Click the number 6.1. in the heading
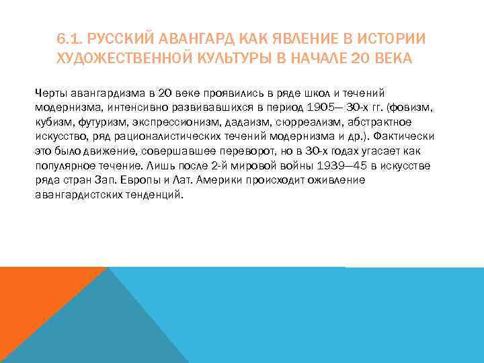pyautogui.click(x=70, y=40)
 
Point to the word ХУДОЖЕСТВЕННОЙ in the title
pyautogui.click(x=122, y=58)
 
